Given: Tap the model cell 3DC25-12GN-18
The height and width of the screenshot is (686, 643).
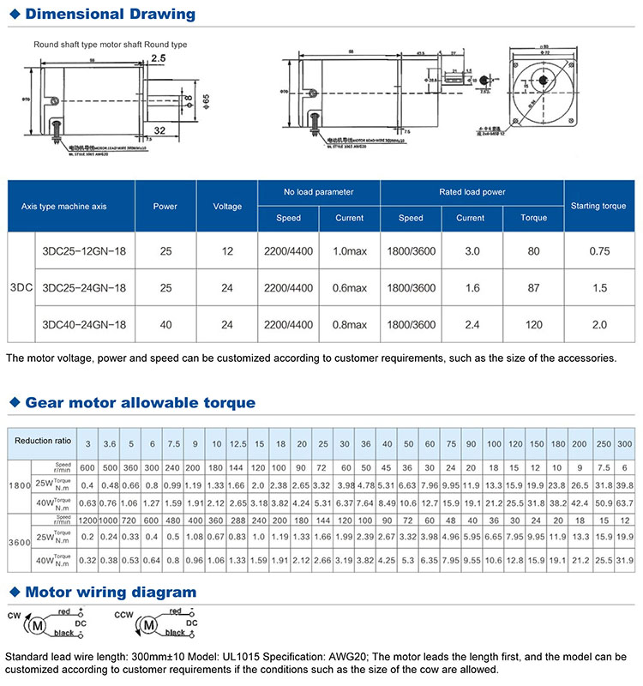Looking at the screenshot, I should tap(84, 250).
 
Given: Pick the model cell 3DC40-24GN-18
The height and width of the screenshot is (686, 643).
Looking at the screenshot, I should tap(84, 325).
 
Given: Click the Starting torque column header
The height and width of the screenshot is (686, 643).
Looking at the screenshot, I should tap(598, 206).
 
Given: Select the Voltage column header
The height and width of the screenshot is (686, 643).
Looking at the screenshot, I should tap(227, 206).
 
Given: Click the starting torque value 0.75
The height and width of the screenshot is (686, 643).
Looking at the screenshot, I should tap(598, 250).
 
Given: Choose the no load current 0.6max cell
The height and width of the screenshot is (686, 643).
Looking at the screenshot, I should tap(349, 288).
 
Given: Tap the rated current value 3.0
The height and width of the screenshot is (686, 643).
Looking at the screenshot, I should tap(471, 250).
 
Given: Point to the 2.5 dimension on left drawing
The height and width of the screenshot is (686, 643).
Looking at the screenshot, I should tap(158, 57).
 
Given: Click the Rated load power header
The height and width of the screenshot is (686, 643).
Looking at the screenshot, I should tap(471, 192).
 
